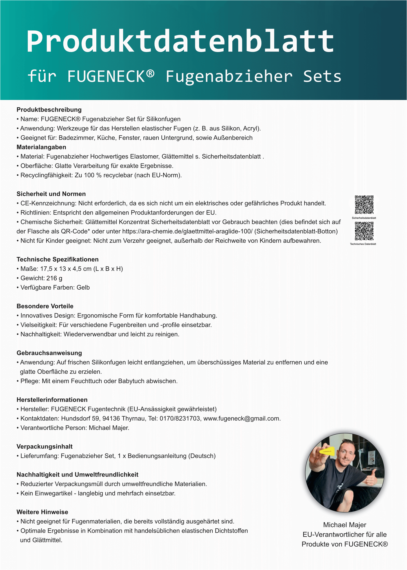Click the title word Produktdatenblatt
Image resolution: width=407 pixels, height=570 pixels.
(x=180, y=41)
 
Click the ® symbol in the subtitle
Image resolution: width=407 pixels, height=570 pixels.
(x=150, y=74)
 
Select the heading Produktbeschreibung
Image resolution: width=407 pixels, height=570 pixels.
(x=49, y=110)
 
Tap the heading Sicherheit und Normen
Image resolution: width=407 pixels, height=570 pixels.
(x=51, y=194)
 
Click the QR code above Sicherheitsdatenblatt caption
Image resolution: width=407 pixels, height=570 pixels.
(x=364, y=205)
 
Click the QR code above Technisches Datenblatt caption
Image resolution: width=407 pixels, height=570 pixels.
(x=364, y=231)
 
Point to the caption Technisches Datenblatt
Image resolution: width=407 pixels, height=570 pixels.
(x=363, y=244)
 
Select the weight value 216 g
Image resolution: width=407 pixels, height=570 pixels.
(x=54, y=278)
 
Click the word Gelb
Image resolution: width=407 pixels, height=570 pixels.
(x=83, y=287)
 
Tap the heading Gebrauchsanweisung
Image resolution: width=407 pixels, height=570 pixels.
(x=49, y=353)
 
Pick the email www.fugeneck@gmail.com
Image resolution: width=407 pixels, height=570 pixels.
(x=242, y=419)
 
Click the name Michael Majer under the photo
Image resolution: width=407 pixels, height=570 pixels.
(x=344, y=525)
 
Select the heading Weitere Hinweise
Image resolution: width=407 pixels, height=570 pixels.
(x=42, y=512)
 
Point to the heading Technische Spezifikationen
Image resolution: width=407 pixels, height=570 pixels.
(x=57, y=260)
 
